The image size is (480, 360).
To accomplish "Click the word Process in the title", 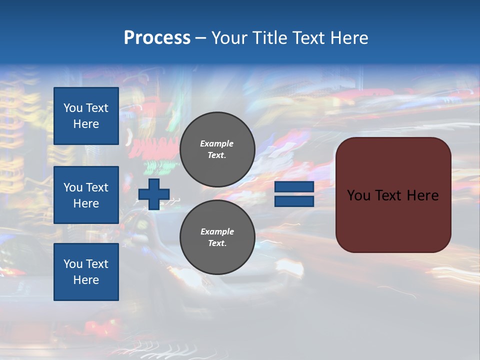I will coord(157,38).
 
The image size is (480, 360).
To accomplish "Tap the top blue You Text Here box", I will coord(86,116).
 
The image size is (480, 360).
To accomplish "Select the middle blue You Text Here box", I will coord(86,195).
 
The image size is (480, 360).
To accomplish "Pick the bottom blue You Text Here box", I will coord(86,271).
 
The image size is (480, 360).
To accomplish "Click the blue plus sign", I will coord(154,194).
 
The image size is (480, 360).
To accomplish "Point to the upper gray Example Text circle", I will coord(217,149).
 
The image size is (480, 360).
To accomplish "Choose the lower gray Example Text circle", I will coord(217,237).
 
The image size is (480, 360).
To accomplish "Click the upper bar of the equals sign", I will coord(294,186).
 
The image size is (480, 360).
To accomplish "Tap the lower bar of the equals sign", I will coord(294,201).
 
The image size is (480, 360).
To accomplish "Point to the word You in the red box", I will coord(358,195).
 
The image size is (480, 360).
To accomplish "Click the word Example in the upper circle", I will coord(216,143).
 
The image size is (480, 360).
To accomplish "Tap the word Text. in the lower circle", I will coord(217,243).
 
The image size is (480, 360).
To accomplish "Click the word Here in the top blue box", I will coord(86,124).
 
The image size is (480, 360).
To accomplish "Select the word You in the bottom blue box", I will coord(73,264).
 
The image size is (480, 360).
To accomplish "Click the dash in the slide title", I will coord(200,38).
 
